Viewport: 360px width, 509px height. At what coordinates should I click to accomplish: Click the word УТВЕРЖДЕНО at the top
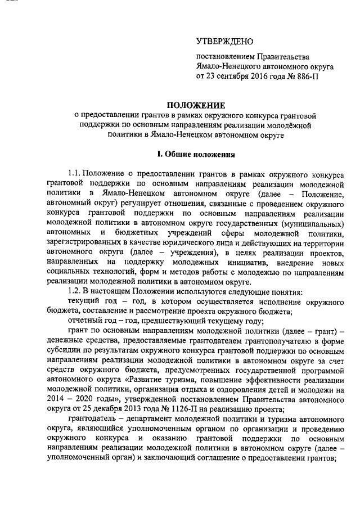coord(224,42)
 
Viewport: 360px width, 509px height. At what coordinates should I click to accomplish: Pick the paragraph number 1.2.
coord(75,292)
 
